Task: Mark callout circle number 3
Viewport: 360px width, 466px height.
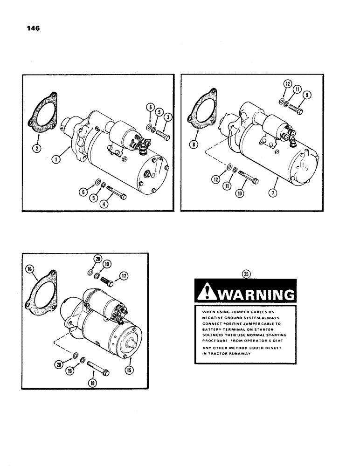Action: pos(167,117)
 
